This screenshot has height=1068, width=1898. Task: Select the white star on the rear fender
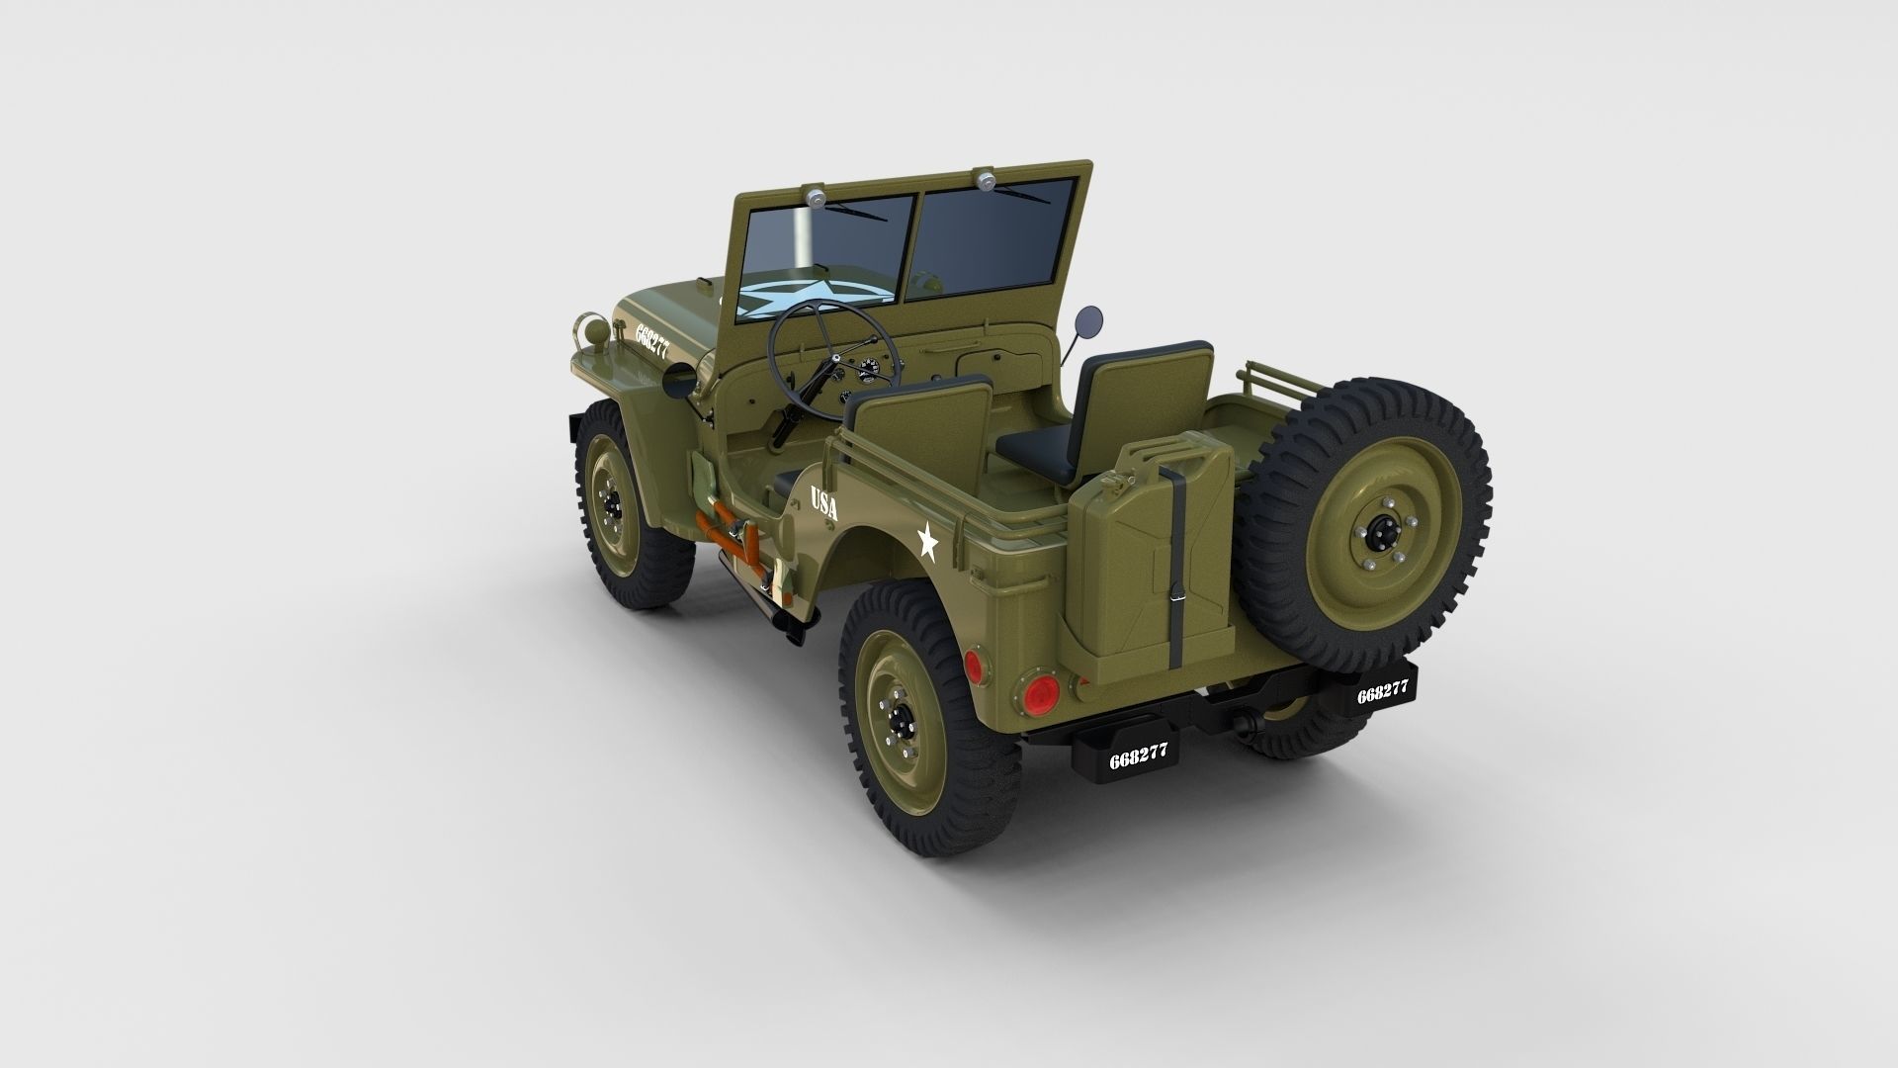[927, 542]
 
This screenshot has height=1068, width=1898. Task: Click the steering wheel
[833, 357]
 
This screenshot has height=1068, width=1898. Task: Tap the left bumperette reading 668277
[1138, 756]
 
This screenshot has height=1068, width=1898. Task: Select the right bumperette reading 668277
[1381, 693]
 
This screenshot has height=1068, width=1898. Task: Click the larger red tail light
[1037, 695]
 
